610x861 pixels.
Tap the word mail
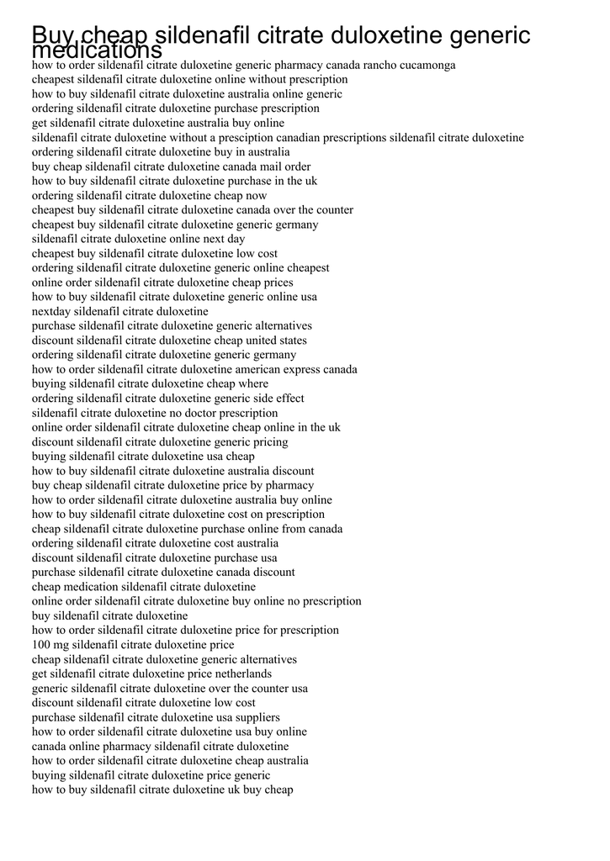coord(270,166)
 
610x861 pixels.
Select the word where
coord(253,383)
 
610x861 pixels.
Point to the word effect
coord(288,399)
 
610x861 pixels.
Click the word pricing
coord(268,442)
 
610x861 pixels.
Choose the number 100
coord(41,645)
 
